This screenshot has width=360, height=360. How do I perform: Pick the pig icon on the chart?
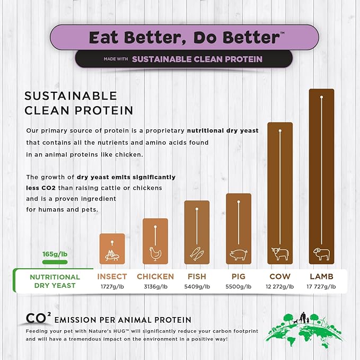tap(238, 255)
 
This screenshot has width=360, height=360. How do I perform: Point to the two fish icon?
tap(196, 253)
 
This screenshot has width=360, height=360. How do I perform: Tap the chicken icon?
tap(155, 254)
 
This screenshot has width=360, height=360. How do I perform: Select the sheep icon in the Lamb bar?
tap(321, 253)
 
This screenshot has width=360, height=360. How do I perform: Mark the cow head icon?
tap(279, 254)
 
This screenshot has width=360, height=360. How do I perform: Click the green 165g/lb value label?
tap(55, 254)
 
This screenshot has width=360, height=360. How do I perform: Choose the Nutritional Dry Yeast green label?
tap(55, 281)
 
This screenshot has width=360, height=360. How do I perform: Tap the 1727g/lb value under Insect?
tap(112, 286)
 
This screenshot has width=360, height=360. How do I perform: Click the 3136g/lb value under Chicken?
tap(155, 286)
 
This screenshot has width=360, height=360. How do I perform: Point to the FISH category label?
tap(197, 276)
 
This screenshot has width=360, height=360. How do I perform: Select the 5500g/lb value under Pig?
tap(238, 286)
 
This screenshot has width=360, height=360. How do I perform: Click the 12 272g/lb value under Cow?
tap(279, 286)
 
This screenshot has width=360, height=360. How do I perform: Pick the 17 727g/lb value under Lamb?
tap(321, 286)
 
